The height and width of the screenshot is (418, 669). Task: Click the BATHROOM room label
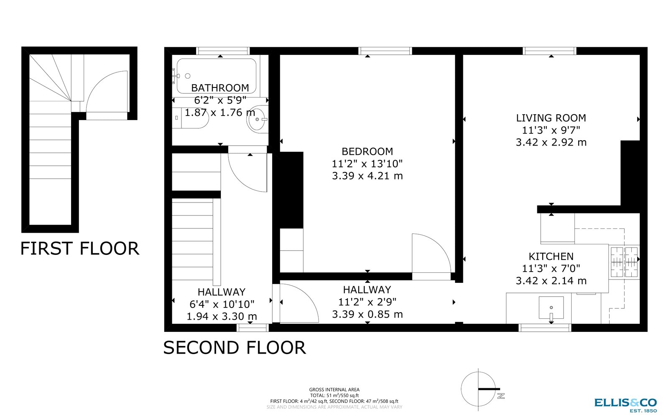(x=220, y=88)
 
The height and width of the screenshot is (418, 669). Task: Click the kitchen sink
(x=551, y=308)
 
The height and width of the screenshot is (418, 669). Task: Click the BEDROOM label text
(x=367, y=151)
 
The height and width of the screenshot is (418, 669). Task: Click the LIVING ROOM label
(x=551, y=118)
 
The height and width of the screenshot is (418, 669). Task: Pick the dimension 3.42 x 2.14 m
(x=551, y=281)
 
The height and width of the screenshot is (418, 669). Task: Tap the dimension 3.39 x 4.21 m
(x=367, y=176)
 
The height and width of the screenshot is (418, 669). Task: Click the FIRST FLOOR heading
(x=79, y=249)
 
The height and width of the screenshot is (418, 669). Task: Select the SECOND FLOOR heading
(x=234, y=348)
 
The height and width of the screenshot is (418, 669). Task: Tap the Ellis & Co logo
(x=626, y=404)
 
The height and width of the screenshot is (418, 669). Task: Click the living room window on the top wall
(x=549, y=51)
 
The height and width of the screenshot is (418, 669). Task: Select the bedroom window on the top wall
(x=385, y=51)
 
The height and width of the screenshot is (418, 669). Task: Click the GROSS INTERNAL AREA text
(x=334, y=390)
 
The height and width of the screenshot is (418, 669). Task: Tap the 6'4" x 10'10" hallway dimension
(x=222, y=304)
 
